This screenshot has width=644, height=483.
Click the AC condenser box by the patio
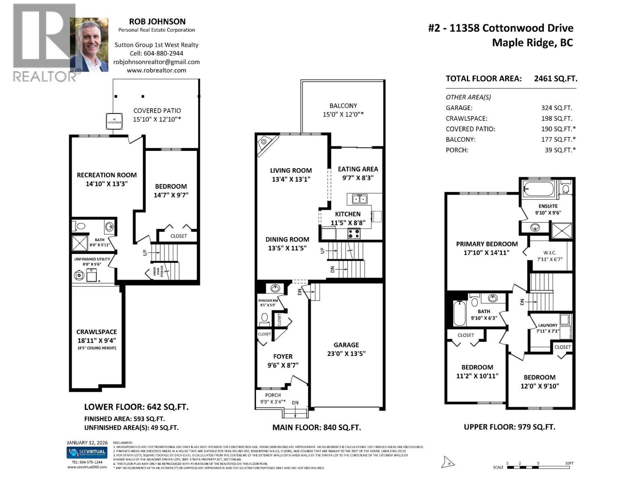pos(114,121)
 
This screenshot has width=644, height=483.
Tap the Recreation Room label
pos(107,175)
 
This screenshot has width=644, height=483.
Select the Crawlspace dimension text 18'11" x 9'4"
pos(97,341)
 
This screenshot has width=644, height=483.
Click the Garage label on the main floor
pos(346,345)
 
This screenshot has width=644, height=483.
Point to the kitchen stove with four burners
pos(354,233)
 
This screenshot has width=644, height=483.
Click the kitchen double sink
pos(357,199)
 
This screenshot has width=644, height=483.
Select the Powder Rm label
pos(268,301)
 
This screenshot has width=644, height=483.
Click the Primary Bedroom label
pos(487,244)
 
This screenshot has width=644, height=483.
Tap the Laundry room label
pos(548,325)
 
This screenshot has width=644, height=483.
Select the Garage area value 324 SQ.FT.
pos(557,108)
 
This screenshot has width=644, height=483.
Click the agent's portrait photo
pos(89,45)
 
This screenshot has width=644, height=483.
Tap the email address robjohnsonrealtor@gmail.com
pos(157,62)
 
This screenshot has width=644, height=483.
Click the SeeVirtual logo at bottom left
pos(87,453)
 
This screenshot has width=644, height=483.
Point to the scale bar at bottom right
pos(539,467)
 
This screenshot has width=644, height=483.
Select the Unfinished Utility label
pos(92,259)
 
